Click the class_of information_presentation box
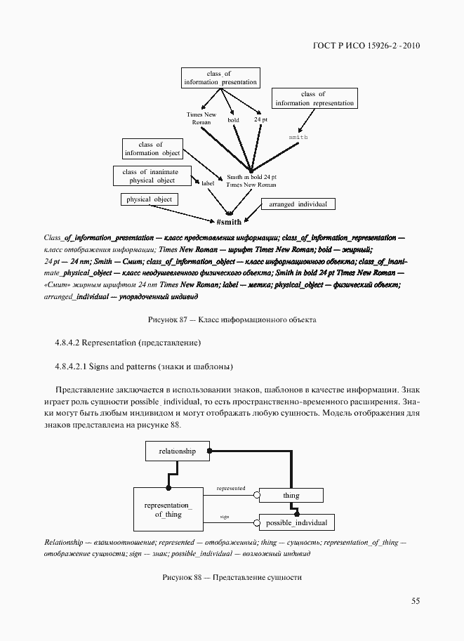(x=220, y=78)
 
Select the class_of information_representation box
(x=314, y=98)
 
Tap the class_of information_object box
(x=152, y=149)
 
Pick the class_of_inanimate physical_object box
(x=151, y=176)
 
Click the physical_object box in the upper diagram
(x=149, y=199)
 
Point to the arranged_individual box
(x=298, y=204)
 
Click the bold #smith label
(x=229, y=222)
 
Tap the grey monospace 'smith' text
(x=298, y=137)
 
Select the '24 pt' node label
(x=260, y=120)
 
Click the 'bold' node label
(x=233, y=120)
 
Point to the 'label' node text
(x=208, y=183)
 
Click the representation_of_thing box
(x=168, y=510)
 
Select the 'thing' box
(x=291, y=496)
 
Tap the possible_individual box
(x=296, y=523)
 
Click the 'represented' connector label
(x=231, y=488)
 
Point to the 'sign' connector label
(x=225, y=516)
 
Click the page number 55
(x=415, y=600)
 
